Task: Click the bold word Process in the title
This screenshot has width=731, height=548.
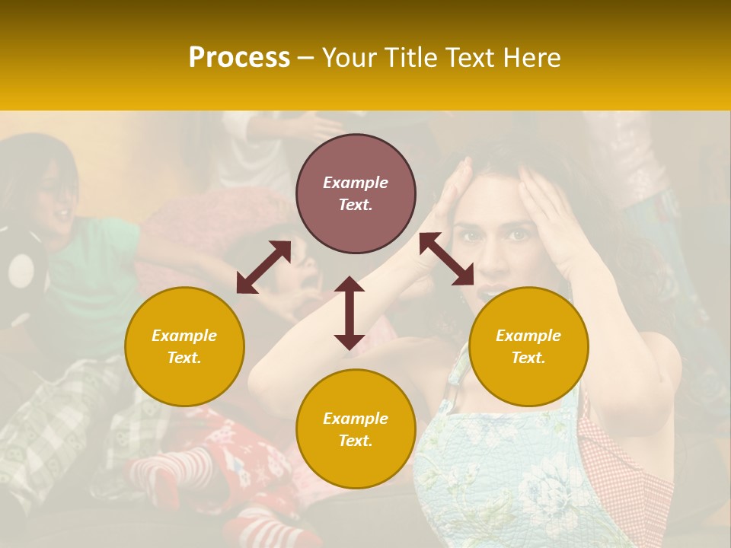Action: tap(239, 58)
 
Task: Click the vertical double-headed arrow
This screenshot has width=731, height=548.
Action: tap(350, 313)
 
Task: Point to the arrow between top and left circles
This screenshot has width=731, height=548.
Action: tap(263, 266)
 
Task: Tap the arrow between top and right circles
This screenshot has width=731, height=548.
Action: tap(446, 259)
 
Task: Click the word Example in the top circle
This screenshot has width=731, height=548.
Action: tap(356, 183)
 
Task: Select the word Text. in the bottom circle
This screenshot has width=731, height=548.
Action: tap(356, 441)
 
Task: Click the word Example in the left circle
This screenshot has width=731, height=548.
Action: tap(184, 336)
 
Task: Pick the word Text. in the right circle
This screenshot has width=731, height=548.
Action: tap(528, 358)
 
